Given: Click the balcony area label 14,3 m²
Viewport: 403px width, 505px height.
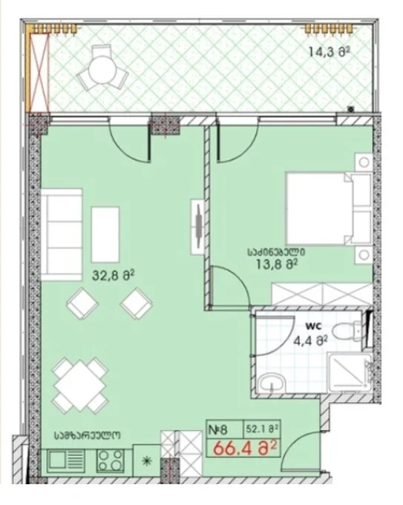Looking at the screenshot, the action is pyautogui.click(x=329, y=51).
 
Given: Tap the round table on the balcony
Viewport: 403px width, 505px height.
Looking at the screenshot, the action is pyautogui.click(x=102, y=69).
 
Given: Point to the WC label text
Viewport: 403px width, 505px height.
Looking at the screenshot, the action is pyautogui.click(x=314, y=326).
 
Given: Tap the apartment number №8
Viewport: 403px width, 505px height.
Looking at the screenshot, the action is pyautogui.click(x=218, y=430).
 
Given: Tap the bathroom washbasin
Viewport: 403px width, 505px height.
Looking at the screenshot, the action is pyautogui.click(x=272, y=383).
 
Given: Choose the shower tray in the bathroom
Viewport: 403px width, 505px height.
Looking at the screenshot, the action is pyautogui.click(x=350, y=372).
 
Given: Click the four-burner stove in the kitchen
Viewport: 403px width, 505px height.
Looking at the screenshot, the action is pyautogui.click(x=111, y=460).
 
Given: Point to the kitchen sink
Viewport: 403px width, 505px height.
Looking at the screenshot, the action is pyautogui.click(x=66, y=461).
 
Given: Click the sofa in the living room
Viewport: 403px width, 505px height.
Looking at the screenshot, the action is pyautogui.click(x=61, y=235).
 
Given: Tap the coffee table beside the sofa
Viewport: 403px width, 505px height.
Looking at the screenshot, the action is pyautogui.click(x=105, y=235).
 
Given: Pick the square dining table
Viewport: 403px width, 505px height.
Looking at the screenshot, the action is pyautogui.click(x=80, y=385).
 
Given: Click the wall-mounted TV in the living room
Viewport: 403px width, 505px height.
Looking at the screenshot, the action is pyautogui.click(x=198, y=227).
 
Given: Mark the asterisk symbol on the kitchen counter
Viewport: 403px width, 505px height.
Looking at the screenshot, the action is pyautogui.click(x=147, y=461).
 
